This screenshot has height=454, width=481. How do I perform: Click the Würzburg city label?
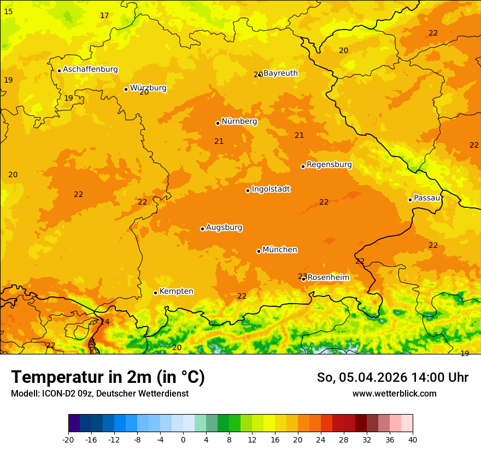coord(148,88)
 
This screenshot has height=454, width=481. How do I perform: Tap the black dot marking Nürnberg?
coord(218,123)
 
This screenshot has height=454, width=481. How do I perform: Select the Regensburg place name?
coord(329,164)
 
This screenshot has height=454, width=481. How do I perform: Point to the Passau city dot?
coord(410,200)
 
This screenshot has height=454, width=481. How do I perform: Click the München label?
coord(280,249)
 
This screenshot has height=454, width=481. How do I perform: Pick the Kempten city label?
coord(176,291)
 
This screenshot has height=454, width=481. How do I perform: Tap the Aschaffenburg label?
coord(90,69)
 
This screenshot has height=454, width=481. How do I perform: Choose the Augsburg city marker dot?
coord(202,229)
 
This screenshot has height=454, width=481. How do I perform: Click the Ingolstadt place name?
coord(271,189)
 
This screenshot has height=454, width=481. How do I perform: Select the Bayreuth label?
coord(280,73)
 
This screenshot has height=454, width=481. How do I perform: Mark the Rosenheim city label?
coord(328,277)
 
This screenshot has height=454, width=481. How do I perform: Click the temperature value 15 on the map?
coord(8,11)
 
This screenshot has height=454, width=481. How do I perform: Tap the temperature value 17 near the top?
coord(104,15)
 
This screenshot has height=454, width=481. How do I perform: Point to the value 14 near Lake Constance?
coord(104,322)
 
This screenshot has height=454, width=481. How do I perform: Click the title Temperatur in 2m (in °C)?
coord(108,377)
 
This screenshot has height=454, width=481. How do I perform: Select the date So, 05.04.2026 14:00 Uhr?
coord(392,377)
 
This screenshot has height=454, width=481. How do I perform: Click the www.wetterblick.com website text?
coord(394,393)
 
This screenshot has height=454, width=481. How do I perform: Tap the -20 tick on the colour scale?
coord(68,439)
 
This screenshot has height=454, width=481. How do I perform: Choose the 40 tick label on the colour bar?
coord(413,439)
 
